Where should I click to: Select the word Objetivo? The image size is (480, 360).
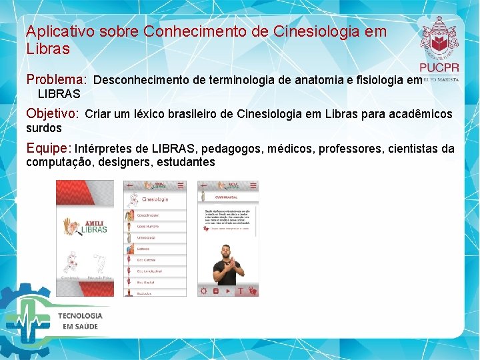coord(51,113)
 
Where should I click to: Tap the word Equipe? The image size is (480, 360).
coord(47,147)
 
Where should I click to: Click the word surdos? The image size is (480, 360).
coord(43,127)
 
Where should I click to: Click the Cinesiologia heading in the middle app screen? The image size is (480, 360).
coord(155,199)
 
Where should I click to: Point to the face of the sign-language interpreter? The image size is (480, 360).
coord(226,253)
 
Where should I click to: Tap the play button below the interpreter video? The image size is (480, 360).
coord(228,291)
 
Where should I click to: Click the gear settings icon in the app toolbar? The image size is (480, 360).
coord(203,291)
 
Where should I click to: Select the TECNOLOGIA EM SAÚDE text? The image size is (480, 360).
coord(80,321)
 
